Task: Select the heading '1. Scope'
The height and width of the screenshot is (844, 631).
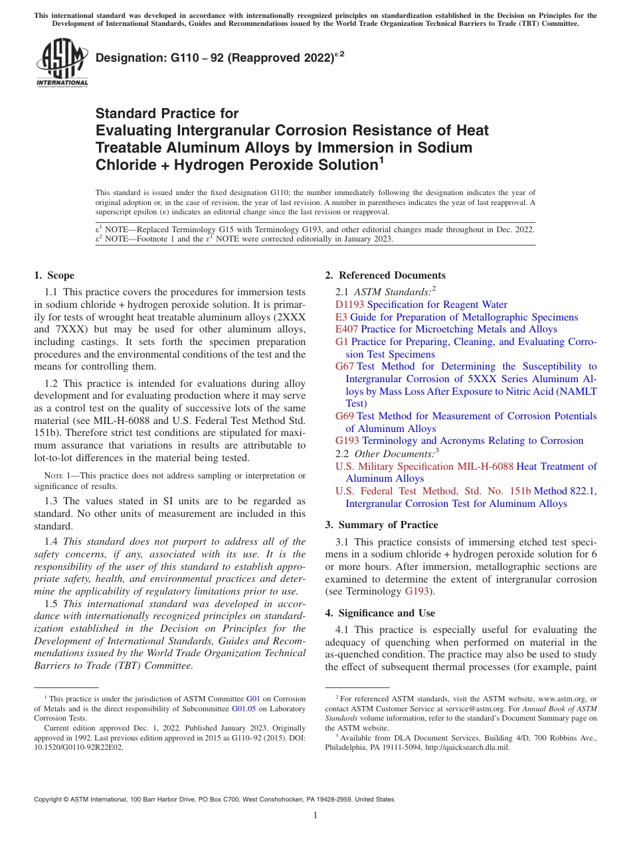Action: pos(54,275)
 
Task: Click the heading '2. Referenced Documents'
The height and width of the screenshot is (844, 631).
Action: pos(385,275)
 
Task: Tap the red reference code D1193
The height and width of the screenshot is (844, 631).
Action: pos(350,305)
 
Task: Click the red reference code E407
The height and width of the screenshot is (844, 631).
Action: pos(347,329)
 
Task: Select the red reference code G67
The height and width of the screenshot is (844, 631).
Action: pos(345,366)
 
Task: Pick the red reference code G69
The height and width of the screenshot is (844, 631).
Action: pos(345,416)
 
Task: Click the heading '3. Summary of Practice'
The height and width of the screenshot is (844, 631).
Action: pos(381,524)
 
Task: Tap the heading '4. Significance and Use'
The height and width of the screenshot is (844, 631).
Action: pos(380,613)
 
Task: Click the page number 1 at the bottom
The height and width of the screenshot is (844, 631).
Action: pos(315,815)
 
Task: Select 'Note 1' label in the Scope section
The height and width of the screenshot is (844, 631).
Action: pos(57,476)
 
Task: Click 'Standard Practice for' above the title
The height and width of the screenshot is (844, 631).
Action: pos(167,113)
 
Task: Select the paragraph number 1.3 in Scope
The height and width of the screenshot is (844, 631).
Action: pos(51,501)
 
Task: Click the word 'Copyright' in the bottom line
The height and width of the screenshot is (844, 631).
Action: pos(49,800)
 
